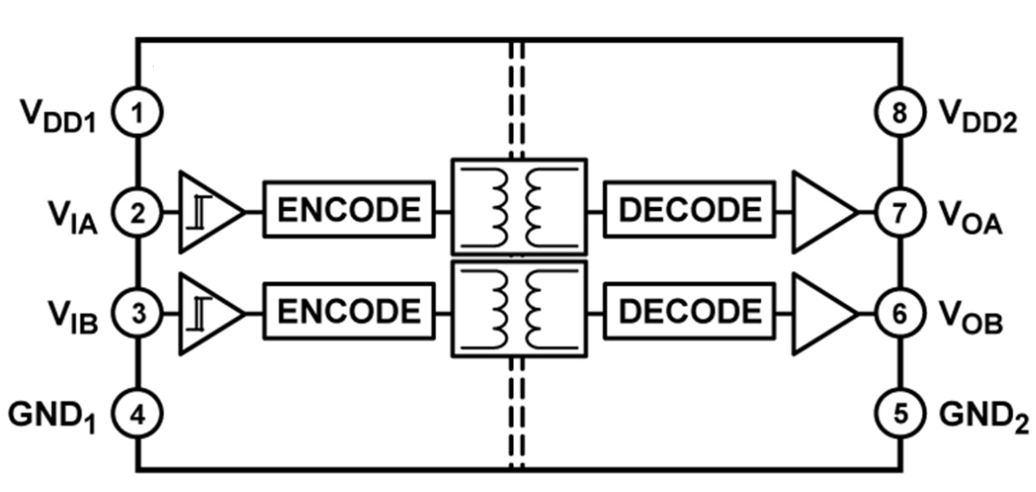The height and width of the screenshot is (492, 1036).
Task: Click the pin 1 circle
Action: (x=138, y=114)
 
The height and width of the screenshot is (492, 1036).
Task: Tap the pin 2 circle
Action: (x=138, y=213)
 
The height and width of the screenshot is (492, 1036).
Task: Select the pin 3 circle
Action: (x=138, y=315)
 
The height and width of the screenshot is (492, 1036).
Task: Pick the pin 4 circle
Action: (x=138, y=414)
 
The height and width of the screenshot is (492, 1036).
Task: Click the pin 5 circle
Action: (x=899, y=414)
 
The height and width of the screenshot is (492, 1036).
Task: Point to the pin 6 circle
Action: (x=899, y=315)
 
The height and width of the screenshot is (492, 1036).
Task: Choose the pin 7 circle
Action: (x=899, y=213)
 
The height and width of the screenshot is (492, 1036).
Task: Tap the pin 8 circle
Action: (x=899, y=114)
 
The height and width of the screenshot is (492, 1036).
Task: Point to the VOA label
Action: (x=971, y=217)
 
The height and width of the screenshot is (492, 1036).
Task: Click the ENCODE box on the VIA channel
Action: (x=348, y=210)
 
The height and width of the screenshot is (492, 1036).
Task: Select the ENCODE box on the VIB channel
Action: (x=348, y=312)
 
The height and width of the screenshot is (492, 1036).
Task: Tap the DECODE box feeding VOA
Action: (x=689, y=210)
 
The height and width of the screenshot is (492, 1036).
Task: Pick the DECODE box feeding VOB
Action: (x=689, y=312)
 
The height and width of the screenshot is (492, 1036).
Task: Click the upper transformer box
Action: (x=518, y=206)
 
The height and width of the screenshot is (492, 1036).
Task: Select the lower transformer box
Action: (x=518, y=307)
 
